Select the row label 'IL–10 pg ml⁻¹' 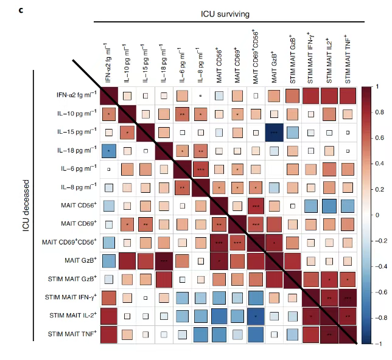coord(74,114)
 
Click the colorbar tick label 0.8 coord(379,112)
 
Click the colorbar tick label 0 coord(377,215)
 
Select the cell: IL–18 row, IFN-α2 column coord(108,151)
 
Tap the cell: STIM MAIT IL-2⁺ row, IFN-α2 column coord(108,316)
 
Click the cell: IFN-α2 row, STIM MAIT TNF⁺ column coord(348,95)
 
